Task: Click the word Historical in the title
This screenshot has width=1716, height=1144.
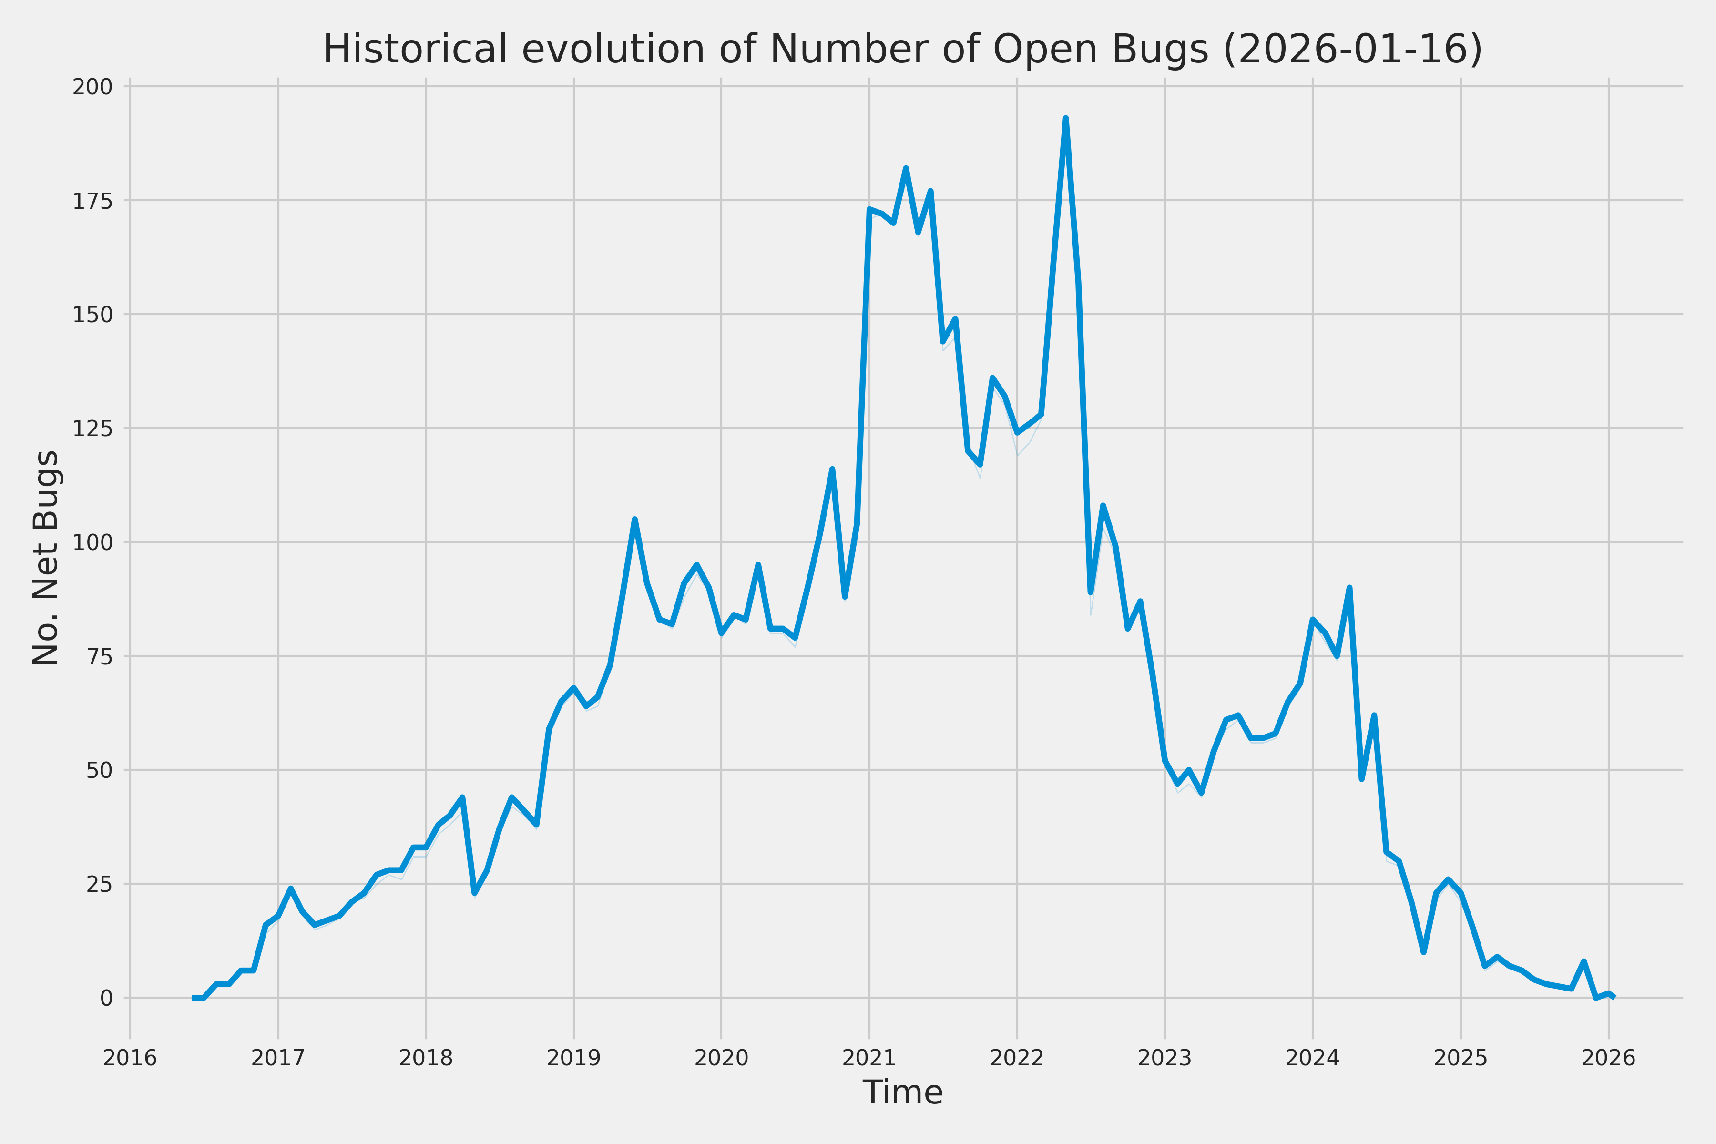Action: click(x=414, y=50)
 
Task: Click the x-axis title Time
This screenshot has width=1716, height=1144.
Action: click(x=902, y=1092)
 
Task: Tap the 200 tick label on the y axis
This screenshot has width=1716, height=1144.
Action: click(x=92, y=87)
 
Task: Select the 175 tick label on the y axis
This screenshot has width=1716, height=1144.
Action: click(x=92, y=201)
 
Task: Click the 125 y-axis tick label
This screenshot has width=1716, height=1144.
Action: click(x=92, y=428)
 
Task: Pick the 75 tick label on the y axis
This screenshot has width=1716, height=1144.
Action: click(x=99, y=656)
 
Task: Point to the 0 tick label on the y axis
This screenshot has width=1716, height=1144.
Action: click(x=106, y=997)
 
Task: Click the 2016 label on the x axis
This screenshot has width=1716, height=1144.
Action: click(x=130, y=1058)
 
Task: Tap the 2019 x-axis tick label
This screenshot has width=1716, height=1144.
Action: click(x=573, y=1058)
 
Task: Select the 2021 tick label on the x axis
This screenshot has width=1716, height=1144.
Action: click(x=869, y=1058)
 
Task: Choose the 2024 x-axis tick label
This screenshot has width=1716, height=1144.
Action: click(x=1313, y=1058)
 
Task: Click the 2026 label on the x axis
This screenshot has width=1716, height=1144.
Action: click(x=1608, y=1058)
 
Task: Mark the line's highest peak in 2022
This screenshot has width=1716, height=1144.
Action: click(x=1066, y=118)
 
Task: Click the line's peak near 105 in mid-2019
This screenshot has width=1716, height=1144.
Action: click(x=635, y=520)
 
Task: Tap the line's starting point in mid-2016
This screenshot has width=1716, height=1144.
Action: click(x=194, y=997)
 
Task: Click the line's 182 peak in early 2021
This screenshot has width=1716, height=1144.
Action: click(x=905, y=169)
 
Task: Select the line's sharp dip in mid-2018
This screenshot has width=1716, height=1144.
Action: click(x=474, y=893)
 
